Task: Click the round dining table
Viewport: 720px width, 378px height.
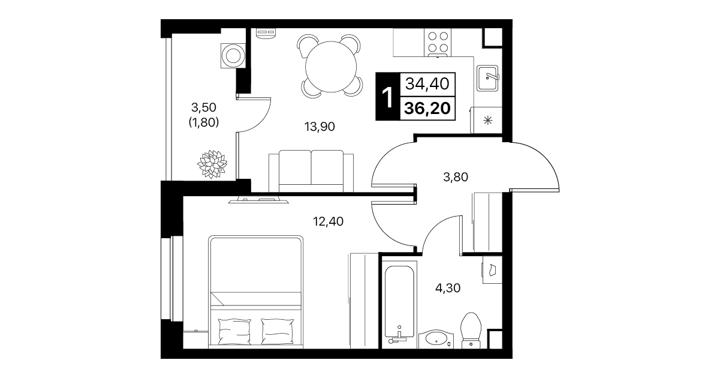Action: click(x=331, y=67)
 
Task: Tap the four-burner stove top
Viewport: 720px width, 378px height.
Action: click(x=438, y=42)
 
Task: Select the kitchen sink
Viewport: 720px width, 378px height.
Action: click(x=487, y=78)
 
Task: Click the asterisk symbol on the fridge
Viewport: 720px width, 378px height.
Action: click(x=488, y=121)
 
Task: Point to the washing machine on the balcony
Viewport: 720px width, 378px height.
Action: click(x=233, y=56)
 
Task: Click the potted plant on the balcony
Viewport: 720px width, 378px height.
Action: click(x=212, y=164)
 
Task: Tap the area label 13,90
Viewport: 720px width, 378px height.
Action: click(x=320, y=127)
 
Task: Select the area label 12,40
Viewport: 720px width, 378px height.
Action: click(x=328, y=221)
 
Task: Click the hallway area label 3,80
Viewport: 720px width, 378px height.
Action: click(x=456, y=177)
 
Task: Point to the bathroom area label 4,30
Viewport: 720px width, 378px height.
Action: click(x=448, y=288)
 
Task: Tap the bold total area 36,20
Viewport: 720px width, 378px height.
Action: click(x=427, y=109)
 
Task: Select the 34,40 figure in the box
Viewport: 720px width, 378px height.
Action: click(x=427, y=84)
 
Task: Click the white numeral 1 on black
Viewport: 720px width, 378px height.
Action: click(x=388, y=98)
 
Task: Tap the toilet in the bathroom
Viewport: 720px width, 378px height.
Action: click(x=471, y=330)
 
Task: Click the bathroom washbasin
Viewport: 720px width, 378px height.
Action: click(x=436, y=339)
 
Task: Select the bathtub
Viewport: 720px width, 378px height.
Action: click(x=399, y=304)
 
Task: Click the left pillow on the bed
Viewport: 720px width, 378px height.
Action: click(x=234, y=331)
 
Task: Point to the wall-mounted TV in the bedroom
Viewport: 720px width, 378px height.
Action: click(x=258, y=200)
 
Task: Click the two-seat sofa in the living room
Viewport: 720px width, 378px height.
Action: click(x=311, y=171)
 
